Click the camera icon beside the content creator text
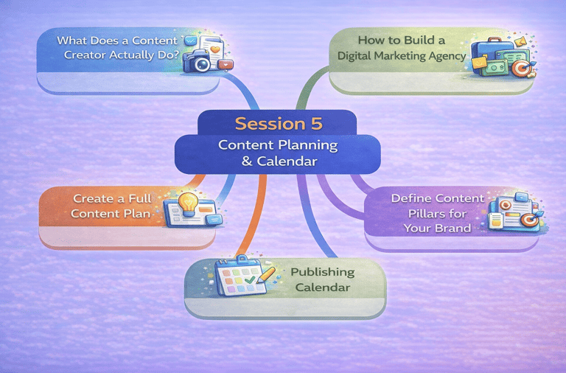(200, 61)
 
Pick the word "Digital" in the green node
(358, 55)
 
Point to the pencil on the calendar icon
(265, 276)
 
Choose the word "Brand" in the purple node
(454, 228)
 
